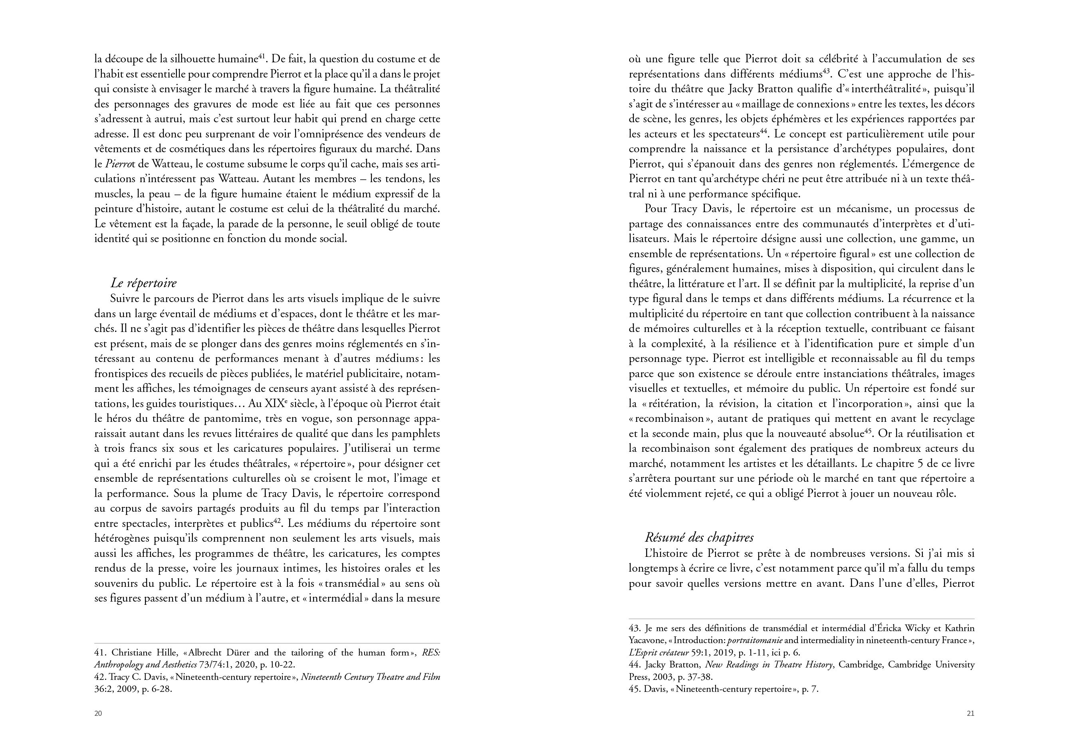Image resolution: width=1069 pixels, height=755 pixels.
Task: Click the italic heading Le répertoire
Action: pos(143,283)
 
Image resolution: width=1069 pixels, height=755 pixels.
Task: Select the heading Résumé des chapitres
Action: pos(699,538)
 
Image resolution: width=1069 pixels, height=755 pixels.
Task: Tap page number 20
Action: pos(98,713)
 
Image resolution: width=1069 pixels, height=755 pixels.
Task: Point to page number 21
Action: pos(970,713)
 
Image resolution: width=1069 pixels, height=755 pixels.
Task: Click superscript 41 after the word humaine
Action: pos(262,57)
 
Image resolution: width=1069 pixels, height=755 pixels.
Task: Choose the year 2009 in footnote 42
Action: pos(125,689)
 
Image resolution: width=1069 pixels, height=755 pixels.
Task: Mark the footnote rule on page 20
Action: pos(267,643)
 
